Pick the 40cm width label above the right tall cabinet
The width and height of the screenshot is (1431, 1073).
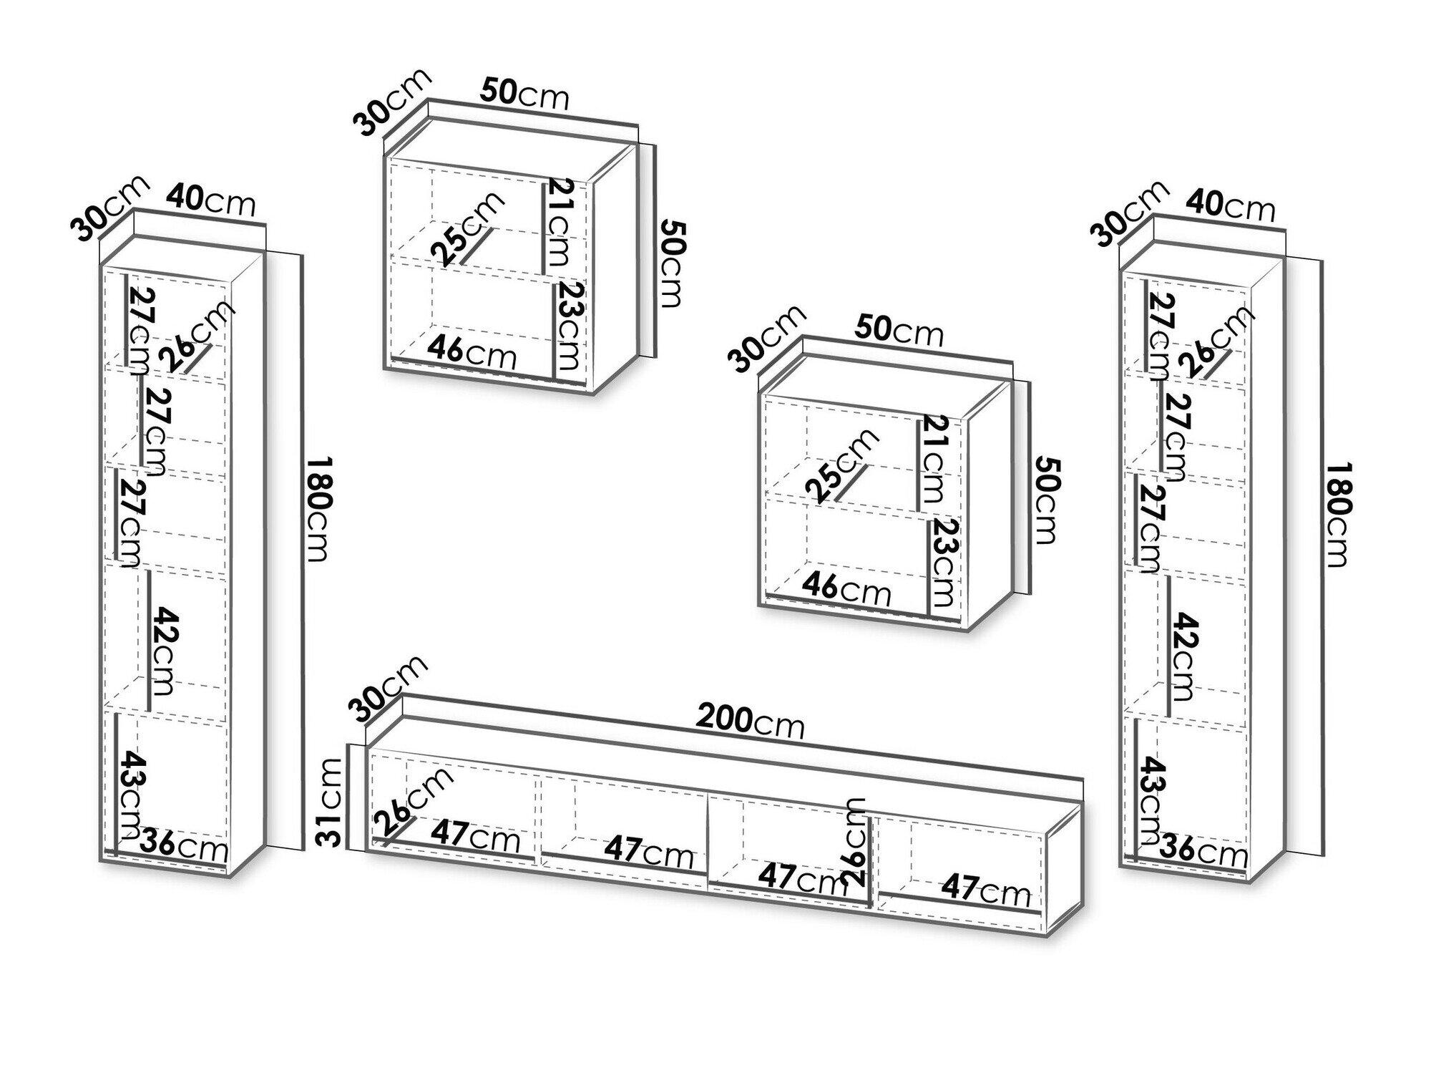click(x=1231, y=205)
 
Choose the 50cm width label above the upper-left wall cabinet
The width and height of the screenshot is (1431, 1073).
click(x=524, y=94)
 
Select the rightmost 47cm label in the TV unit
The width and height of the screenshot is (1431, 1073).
click(x=985, y=890)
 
